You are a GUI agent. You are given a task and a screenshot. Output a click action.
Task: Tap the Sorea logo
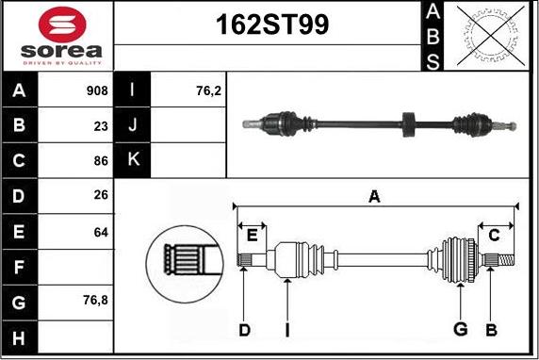57,37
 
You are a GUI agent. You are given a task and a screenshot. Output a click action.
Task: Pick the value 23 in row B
101,126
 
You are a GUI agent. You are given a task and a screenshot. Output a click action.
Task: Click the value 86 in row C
101,161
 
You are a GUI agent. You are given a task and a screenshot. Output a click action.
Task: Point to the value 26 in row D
101,196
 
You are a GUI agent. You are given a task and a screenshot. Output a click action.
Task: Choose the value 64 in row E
101,231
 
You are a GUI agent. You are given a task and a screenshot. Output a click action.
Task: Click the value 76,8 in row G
96,301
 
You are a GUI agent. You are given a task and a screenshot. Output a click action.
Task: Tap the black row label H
20,335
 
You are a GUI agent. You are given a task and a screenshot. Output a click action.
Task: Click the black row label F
20,266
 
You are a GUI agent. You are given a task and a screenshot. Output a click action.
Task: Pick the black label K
132,161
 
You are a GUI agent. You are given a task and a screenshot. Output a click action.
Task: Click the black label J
132,126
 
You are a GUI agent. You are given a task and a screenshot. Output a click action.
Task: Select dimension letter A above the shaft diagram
374,196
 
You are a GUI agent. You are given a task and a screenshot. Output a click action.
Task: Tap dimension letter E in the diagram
252,235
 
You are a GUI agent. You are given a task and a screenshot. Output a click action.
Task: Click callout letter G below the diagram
460,329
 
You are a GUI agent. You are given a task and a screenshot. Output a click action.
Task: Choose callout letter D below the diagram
244,329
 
